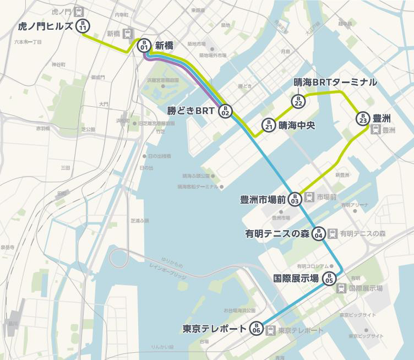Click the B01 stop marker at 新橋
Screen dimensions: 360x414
(144, 46)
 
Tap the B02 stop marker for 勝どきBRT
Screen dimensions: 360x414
(225, 111)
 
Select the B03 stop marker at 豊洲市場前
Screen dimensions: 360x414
(295, 199)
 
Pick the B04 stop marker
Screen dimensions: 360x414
(318, 233)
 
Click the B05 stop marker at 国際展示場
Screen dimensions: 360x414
(329, 278)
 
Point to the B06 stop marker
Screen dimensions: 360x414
(256, 329)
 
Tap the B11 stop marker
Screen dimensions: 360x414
(83, 26)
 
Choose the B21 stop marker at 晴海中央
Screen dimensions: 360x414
(268, 125)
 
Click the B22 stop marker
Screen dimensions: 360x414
(298, 101)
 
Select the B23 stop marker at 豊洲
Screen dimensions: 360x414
(362, 118)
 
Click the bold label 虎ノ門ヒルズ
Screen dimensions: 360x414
(45, 26)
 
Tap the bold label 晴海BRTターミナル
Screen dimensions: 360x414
(335, 82)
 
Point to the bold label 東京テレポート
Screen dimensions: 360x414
(215, 329)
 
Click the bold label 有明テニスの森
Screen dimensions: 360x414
(277, 233)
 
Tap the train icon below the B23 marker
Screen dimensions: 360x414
(374, 130)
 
